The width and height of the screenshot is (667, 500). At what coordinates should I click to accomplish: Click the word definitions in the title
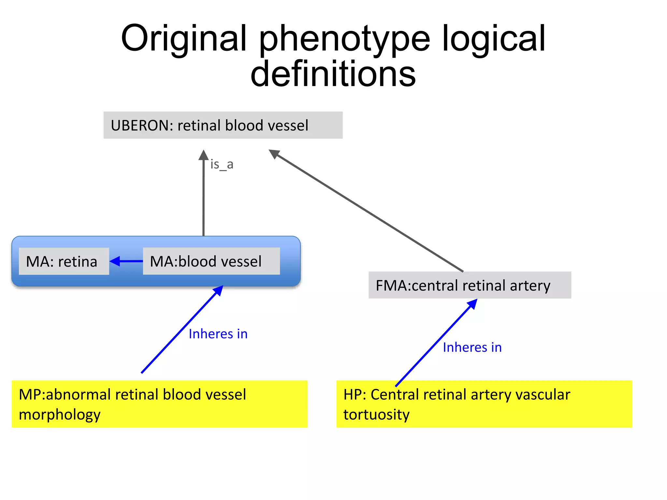(x=333, y=74)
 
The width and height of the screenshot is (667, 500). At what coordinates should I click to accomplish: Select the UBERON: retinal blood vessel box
(x=223, y=125)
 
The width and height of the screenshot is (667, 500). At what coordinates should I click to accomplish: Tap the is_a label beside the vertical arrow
(x=222, y=164)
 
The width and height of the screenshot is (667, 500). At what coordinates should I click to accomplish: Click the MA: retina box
(x=64, y=261)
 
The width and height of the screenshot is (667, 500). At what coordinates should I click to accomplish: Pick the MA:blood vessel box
(x=211, y=261)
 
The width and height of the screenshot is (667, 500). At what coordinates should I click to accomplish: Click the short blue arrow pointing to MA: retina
(x=126, y=261)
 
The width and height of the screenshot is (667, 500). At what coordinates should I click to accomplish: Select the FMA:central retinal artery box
(x=469, y=285)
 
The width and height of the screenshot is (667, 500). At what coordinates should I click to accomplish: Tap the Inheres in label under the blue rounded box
(x=218, y=334)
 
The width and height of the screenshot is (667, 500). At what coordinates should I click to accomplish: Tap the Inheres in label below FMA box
(x=472, y=347)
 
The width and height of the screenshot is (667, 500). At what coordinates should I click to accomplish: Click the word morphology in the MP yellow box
(x=60, y=415)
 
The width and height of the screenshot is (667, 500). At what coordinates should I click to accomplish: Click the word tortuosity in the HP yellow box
(x=376, y=415)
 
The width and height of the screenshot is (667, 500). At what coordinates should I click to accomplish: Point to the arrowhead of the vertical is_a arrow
(x=204, y=155)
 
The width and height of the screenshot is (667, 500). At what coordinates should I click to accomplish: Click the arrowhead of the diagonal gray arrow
(x=274, y=153)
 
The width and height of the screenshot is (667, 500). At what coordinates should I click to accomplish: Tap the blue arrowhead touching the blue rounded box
(x=219, y=290)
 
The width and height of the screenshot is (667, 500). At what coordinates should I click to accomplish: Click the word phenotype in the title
(x=344, y=38)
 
